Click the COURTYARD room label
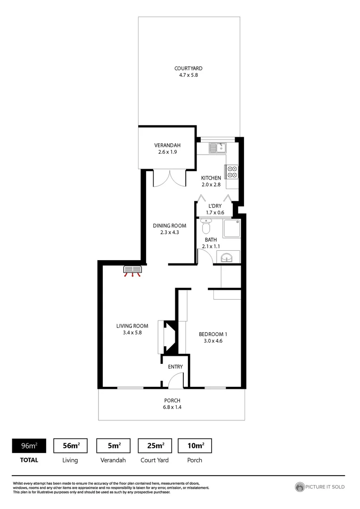pyautogui.click(x=188, y=68)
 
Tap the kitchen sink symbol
pyautogui.click(x=218, y=148)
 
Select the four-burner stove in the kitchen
pyautogui.click(x=232, y=172)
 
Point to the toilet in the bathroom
pyautogui.click(x=205, y=227)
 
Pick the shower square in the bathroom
pyautogui.click(x=231, y=228)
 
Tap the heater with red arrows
pyautogui.click(x=133, y=271)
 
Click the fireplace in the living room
pyautogui.click(x=169, y=337)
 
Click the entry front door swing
pyautogui.click(x=176, y=380)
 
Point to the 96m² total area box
pyautogui.click(x=29, y=445)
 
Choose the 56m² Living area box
pyautogui.click(x=71, y=445)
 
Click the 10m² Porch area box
pyautogui.click(x=195, y=445)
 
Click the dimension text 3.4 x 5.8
pyautogui.click(x=132, y=332)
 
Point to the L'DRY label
pyautogui.click(x=216, y=206)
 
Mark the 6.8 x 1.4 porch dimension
pyautogui.click(x=172, y=407)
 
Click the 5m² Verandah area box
pyautogui.click(x=113, y=445)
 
